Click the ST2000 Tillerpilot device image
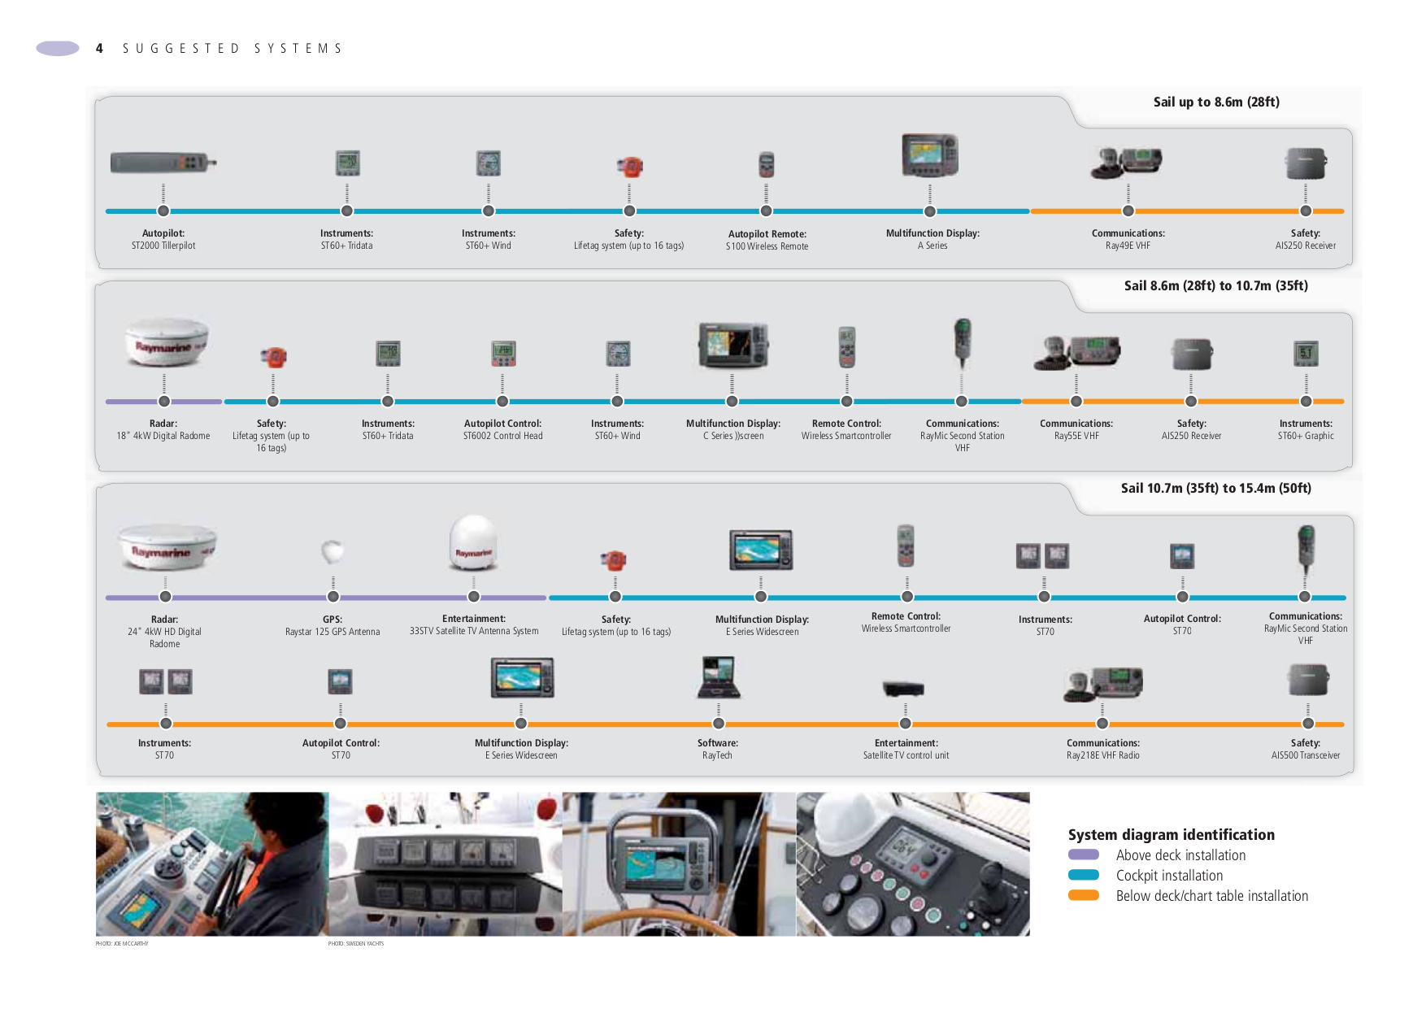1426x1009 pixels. [163, 163]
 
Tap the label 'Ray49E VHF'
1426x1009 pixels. [1128, 246]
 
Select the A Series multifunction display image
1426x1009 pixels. [930, 155]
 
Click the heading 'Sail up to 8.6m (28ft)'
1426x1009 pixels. [1216, 102]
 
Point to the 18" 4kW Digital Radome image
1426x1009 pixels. [167, 342]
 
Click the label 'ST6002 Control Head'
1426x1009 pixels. [502, 436]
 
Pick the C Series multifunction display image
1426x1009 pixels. [733, 345]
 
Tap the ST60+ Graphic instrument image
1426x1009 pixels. [1306, 354]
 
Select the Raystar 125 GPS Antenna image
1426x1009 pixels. [333, 552]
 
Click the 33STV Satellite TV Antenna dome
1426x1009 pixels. [473, 542]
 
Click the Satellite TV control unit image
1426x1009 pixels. [904, 689]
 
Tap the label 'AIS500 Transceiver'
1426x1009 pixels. [1306, 755]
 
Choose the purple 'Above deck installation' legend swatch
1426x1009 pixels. [1084, 855]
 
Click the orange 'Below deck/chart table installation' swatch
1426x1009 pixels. [1084, 895]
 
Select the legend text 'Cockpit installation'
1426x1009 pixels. [1169, 876]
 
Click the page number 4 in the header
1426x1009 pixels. [99, 49]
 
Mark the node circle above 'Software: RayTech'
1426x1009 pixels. [719, 724]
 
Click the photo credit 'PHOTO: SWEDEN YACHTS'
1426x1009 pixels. [356, 944]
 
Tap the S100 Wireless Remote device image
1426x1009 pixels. [766, 164]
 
